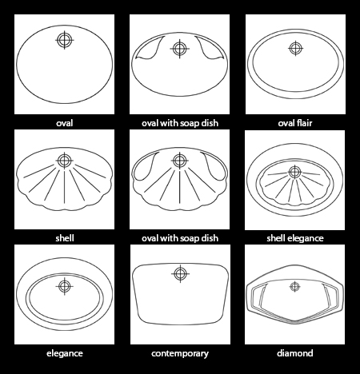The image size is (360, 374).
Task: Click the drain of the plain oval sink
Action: pos(65,40)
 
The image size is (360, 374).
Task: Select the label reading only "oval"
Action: pos(65,123)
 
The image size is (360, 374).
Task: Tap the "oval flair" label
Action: pos(295,123)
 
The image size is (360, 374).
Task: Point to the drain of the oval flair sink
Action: pos(295,48)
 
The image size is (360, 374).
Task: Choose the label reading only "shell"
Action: pos(65,238)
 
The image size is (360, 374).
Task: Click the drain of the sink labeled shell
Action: pos(64,161)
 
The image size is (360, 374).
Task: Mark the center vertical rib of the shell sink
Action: pos(64,187)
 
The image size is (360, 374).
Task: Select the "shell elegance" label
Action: pos(295,238)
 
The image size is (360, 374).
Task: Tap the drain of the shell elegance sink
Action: pos(294,172)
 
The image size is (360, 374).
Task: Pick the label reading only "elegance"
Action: pos(65,353)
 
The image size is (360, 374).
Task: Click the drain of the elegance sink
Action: pos(64,286)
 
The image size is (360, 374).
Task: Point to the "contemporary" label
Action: pos(180,353)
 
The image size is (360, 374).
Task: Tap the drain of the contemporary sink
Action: pos(180,273)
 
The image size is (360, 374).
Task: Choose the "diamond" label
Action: pos(295,353)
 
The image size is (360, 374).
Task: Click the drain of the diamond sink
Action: pos(294,287)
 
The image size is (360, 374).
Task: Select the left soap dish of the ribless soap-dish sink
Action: pos(150,49)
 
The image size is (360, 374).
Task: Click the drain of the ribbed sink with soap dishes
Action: pos(180,161)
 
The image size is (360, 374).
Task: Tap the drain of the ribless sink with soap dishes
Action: pos(180,49)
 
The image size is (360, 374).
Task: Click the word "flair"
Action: pos(304,123)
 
